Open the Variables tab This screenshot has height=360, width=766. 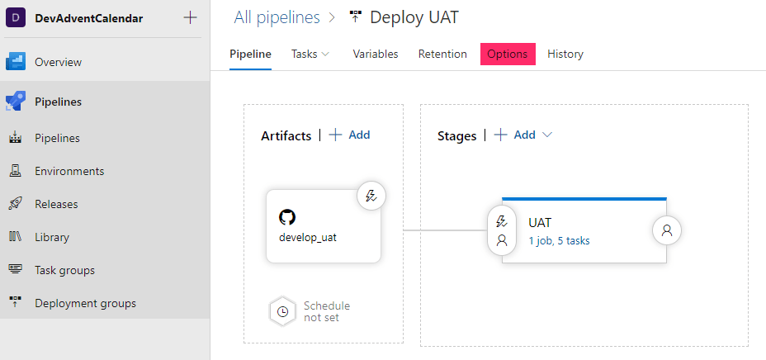(x=376, y=54)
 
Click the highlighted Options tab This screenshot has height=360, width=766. (x=507, y=54)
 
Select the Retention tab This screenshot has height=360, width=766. (x=442, y=54)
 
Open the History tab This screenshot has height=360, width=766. (x=565, y=54)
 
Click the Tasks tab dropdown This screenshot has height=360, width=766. (x=310, y=54)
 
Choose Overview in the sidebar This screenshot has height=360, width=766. (x=58, y=62)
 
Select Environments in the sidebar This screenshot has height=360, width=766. (x=69, y=171)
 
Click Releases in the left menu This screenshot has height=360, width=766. (x=56, y=204)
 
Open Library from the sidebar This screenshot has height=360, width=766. (x=52, y=237)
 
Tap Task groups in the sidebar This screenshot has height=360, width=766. (x=64, y=270)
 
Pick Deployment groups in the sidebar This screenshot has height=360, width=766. (x=85, y=303)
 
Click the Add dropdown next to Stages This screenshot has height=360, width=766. (x=524, y=135)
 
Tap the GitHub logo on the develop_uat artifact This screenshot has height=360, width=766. (x=287, y=217)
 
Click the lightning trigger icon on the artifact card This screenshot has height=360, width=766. (x=371, y=196)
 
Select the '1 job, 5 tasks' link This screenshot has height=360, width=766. (x=559, y=241)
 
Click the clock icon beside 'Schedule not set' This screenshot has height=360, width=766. (x=282, y=311)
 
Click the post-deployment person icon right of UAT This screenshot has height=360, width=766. (x=667, y=230)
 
